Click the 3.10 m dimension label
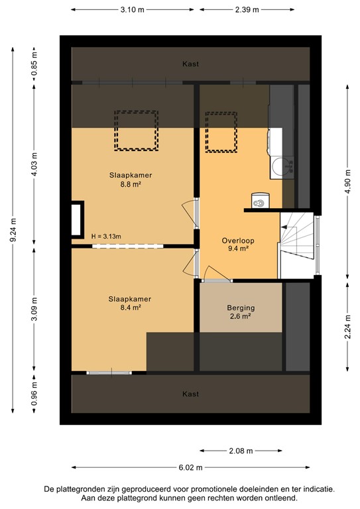pyautogui.click(x=133, y=10)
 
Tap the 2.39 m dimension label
pyautogui.click(x=246, y=10)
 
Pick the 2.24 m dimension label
pyautogui.click(x=347, y=326)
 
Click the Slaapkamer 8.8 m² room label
pyautogui.click(x=131, y=180)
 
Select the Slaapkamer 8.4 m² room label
pyautogui.click(x=130, y=303)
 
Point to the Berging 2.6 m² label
pyautogui.click(x=240, y=312)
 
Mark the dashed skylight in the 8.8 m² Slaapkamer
pyautogui.click(x=137, y=131)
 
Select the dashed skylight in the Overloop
pyautogui.click(x=221, y=132)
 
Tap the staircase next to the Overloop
pyautogui.click(x=297, y=245)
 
